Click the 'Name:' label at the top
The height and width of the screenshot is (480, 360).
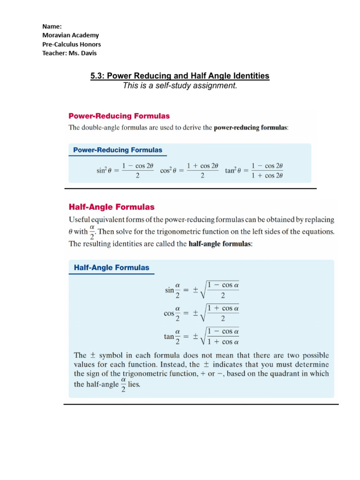(x=52, y=26)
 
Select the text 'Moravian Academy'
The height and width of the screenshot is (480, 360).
(x=70, y=35)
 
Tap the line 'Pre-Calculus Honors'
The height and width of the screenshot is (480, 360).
(x=71, y=44)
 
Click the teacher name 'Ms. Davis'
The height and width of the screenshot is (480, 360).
(x=85, y=53)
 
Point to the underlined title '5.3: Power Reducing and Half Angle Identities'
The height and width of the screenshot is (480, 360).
(x=180, y=75)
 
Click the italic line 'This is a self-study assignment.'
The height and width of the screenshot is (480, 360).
(x=180, y=85)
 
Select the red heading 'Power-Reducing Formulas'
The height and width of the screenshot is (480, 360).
(x=119, y=115)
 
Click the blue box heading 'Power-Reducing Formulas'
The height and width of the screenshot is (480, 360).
(x=118, y=150)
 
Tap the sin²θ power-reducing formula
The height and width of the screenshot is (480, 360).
(x=125, y=171)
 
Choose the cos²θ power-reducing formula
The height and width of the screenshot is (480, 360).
(x=189, y=171)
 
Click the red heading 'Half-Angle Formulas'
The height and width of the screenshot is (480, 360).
(x=112, y=206)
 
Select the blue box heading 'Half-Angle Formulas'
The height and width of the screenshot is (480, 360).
(x=112, y=268)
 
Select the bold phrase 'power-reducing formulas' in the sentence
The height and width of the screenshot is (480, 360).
(x=250, y=127)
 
